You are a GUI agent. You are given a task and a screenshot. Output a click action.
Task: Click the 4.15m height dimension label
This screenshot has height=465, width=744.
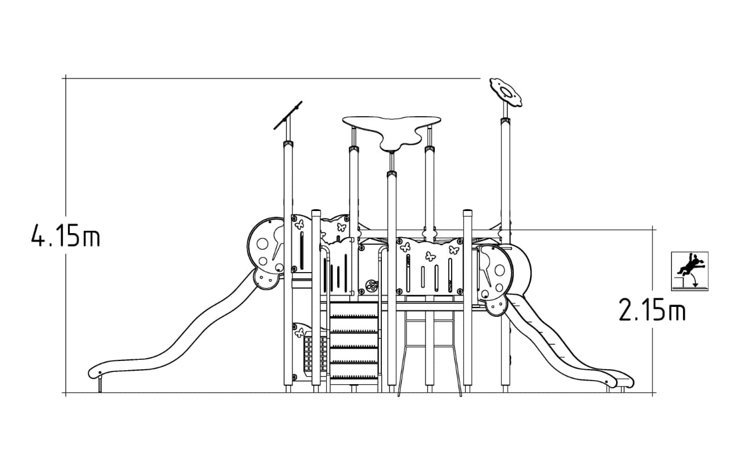[x=66, y=235]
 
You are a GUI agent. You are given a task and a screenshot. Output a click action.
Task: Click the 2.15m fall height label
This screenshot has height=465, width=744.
[x=652, y=310]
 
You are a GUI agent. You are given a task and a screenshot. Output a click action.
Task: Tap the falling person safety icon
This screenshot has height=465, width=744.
[x=689, y=271]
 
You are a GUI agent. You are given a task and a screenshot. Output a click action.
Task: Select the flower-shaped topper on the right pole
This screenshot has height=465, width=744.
[x=506, y=92]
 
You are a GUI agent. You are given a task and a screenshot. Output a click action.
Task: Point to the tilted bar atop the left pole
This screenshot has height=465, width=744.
[x=288, y=115]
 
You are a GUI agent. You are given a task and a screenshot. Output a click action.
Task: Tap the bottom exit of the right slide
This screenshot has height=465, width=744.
[x=624, y=382]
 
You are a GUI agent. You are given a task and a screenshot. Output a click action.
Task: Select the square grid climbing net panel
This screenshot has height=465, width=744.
[x=315, y=354]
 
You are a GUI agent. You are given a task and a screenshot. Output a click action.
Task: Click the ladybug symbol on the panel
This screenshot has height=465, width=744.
[x=371, y=285]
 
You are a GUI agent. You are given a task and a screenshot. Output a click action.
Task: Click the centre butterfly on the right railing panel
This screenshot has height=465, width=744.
[x=431, y=256]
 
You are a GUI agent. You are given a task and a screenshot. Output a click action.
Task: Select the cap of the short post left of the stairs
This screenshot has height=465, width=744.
[x=316, y=212]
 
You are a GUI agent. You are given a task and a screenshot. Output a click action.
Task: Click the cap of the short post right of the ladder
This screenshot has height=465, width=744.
[x=468, y=212]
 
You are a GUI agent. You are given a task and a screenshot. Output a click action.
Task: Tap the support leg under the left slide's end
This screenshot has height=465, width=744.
[x=100, y=385]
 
